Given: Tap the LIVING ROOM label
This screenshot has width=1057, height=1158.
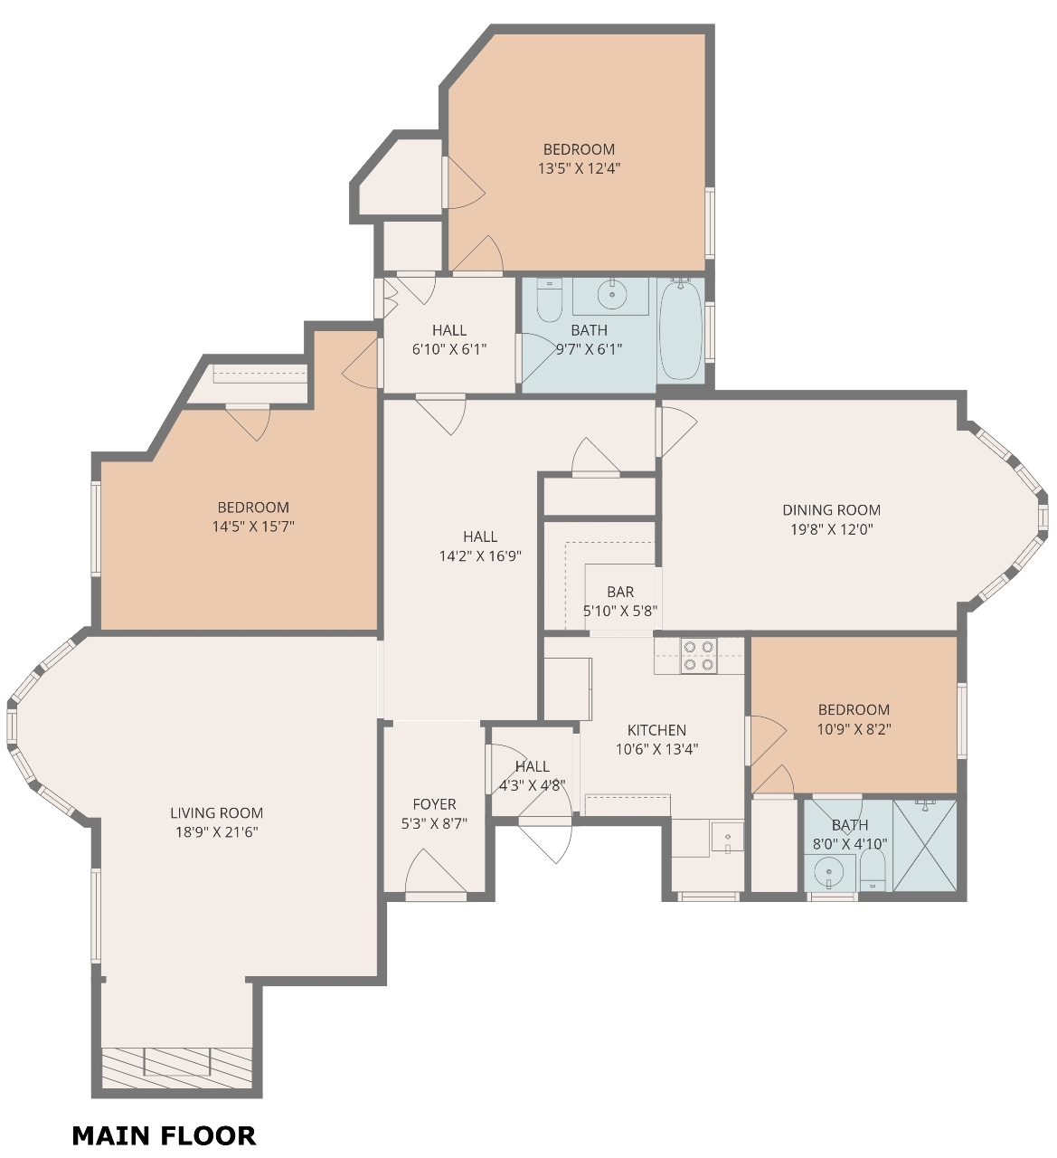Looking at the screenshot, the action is click(216, 812).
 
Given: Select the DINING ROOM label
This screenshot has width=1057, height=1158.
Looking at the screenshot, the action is click(832, 509).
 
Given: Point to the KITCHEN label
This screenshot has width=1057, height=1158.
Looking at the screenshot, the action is click(656, 730).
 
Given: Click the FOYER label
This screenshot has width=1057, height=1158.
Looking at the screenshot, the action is click(434, 803).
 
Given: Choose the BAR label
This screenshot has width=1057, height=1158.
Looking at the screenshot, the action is click(620, 592).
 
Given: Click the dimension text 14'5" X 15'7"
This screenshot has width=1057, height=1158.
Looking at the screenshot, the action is click(253, 527).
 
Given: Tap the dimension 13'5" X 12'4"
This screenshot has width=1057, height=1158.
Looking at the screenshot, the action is click(580, 168).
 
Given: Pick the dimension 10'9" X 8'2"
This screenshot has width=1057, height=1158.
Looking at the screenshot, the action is click(854, 728).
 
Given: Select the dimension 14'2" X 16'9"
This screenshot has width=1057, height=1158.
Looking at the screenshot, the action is click(480, 555).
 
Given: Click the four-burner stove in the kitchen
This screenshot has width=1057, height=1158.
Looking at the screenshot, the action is click(699, 656).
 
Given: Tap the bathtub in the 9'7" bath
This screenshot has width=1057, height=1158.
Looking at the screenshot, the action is click(681, 329).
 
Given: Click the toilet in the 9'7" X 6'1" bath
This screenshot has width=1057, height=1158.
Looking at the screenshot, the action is click(549, 300).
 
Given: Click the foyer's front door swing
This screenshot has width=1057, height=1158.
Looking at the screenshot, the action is click(436, 871).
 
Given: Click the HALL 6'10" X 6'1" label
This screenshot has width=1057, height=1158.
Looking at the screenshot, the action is click(449, 339).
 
